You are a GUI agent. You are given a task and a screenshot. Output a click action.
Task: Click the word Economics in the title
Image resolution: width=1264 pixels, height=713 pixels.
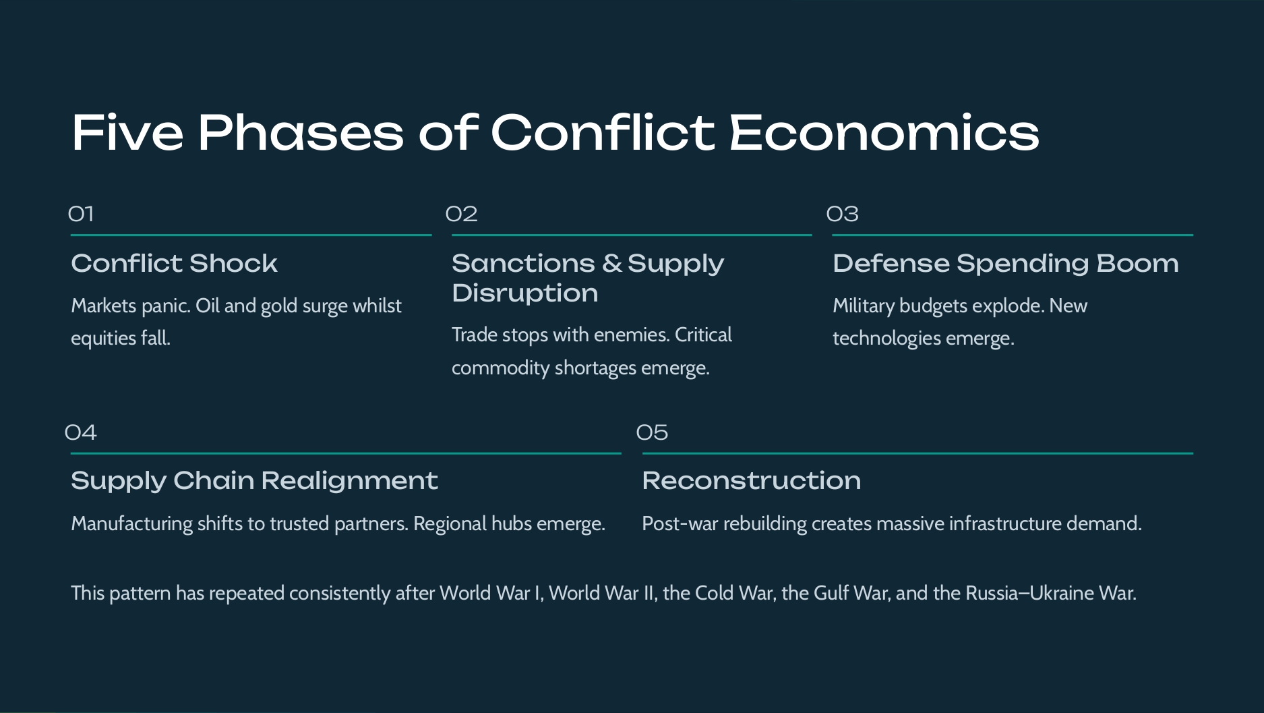[884, 132]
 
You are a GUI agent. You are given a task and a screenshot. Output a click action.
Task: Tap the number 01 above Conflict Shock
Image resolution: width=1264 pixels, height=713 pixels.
[81, 215]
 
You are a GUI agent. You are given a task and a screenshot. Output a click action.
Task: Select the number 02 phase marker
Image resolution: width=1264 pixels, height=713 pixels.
[462, 215]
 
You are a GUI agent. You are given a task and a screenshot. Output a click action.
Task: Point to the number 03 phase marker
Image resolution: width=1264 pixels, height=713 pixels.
[843, 215]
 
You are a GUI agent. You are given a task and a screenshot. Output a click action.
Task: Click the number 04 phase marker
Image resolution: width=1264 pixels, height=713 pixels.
[81, 432]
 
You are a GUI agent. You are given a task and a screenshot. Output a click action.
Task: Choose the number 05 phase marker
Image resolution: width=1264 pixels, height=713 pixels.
[652, 432]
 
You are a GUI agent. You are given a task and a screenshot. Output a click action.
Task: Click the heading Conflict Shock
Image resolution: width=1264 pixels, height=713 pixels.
[174, 264]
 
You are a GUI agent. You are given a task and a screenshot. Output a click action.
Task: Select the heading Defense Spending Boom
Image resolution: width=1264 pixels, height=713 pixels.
[1006, 264]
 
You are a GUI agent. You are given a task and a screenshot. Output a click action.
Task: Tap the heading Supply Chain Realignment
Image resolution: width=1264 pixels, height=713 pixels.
[254, 481]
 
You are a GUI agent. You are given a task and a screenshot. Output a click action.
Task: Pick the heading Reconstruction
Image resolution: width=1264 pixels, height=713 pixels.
[751, 481]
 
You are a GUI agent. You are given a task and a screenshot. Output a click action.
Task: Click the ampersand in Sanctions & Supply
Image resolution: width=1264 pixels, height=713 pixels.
[612, 264]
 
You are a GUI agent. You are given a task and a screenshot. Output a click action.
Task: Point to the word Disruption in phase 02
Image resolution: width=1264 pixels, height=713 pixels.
[524, 293]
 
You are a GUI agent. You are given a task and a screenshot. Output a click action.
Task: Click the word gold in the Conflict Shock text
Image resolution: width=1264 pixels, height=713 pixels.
[279, 306]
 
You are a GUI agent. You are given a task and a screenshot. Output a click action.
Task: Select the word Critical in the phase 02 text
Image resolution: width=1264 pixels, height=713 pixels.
[703, 335]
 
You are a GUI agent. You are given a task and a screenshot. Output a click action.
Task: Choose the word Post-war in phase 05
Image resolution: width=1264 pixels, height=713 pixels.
[680, 524]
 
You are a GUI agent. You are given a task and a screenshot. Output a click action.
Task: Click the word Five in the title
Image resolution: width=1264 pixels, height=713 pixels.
[127, 132]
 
